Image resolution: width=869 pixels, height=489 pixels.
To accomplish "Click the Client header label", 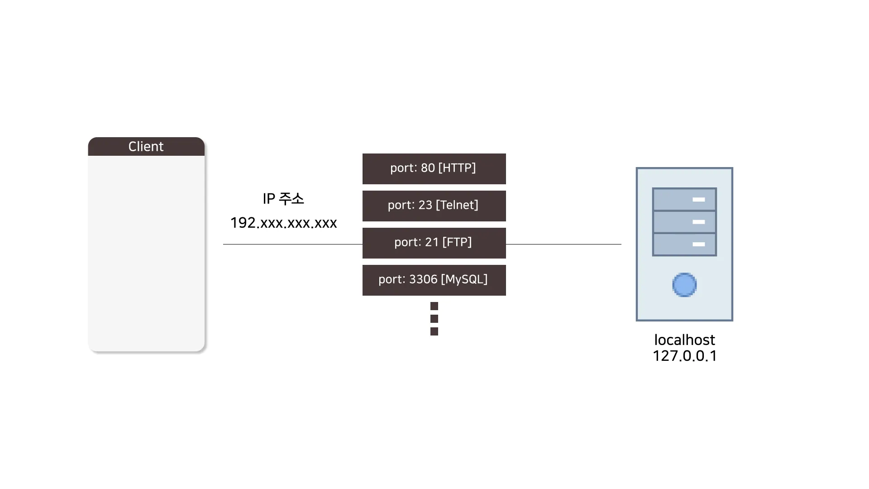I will tap(146, 147).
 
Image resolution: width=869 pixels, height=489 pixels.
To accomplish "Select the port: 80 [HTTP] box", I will tap(434, 168).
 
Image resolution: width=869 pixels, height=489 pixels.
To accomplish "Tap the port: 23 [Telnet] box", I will tap(434, 206).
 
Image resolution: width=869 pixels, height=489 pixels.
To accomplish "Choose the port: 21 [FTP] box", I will tap(434, 243).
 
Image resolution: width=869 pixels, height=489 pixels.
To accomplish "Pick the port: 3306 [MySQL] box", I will tap(434, 280).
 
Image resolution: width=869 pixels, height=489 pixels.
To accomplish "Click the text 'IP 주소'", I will tap(283, 199).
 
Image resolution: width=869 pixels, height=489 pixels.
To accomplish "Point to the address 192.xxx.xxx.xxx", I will tap(283, 223).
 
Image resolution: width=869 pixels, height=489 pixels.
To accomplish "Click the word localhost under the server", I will tap(684, 340).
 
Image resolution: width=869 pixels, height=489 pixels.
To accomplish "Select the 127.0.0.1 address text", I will tap(684, 356).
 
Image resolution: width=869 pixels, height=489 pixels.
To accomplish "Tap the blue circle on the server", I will tap(684, 285).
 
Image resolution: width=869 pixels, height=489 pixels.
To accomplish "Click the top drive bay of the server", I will tap(684, 200).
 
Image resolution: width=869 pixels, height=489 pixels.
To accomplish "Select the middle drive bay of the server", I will tap(684, 222).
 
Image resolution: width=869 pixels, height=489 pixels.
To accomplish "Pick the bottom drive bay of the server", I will tap(684, 244).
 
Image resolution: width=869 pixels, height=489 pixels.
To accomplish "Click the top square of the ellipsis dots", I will tap(434, 306).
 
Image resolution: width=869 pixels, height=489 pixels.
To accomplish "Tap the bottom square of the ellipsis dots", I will tap(434, 331).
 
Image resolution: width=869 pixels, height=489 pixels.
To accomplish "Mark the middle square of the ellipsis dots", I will tap(434, 319).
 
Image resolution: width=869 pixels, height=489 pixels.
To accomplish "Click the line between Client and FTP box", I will tap(292, 244).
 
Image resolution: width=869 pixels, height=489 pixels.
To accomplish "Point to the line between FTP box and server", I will tap(563, 244).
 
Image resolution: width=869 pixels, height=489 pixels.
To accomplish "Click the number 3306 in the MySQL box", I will tap(423, 279).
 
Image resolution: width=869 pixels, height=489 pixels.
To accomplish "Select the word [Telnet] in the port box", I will tap(457, 205).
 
